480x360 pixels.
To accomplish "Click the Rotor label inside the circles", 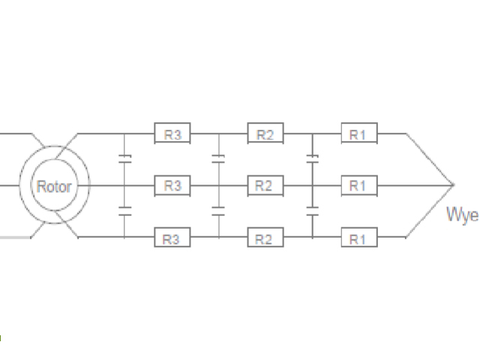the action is tap(54, 187).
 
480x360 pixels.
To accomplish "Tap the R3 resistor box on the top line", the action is tap(172, 133).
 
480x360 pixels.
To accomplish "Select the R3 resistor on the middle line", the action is tap(172, 186).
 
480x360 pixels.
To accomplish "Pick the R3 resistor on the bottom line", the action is tap(172, 237).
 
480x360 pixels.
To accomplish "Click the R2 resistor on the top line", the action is tap(265, 133).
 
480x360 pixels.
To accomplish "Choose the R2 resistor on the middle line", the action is tap(265, 186).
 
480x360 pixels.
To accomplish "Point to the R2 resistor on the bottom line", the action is tap(265, 237).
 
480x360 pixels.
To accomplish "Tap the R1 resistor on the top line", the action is tap(359, 133).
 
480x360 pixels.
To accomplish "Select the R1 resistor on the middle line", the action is tap(359, 186).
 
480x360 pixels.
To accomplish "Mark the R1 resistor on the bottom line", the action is tap(359, 237).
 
